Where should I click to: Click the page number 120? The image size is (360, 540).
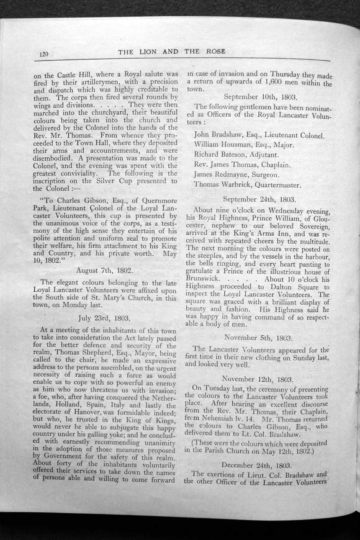click(x=44, y=54)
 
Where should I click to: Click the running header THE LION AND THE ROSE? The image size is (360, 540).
click(x=172, y=52)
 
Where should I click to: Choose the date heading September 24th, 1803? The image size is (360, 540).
click(x=259, y=200)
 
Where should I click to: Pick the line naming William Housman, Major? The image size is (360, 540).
click(x=244, y=145)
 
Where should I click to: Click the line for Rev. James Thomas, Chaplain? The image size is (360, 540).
click(x=242, y=165)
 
